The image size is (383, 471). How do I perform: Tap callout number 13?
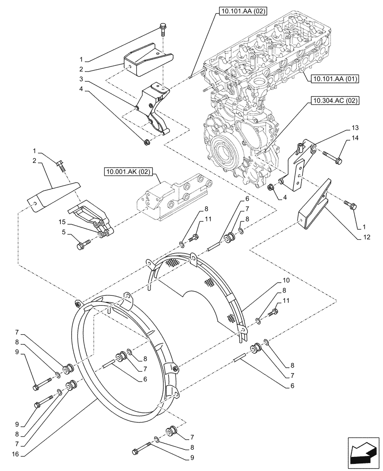pos(355,128)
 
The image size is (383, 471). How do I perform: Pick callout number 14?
pos(355,138)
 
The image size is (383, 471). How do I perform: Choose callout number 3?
pos(81,79)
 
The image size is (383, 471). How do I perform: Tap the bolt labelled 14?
pos(333,157)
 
